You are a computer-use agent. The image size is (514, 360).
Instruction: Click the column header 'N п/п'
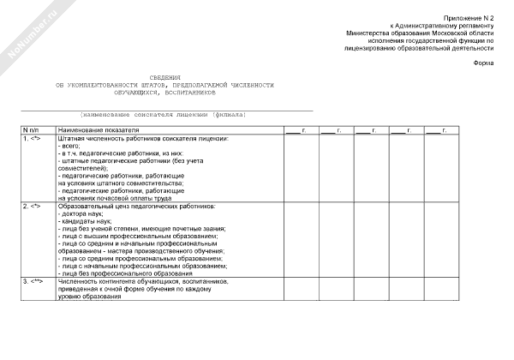32,129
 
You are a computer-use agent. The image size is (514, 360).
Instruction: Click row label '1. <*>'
32,138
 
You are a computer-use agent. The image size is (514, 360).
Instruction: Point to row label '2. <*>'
32,207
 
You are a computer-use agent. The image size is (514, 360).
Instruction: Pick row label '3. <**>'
33,281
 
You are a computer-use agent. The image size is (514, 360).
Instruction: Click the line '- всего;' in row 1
70,146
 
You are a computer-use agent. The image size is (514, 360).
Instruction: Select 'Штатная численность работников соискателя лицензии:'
143,138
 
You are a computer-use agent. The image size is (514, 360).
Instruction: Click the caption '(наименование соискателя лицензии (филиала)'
163,114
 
